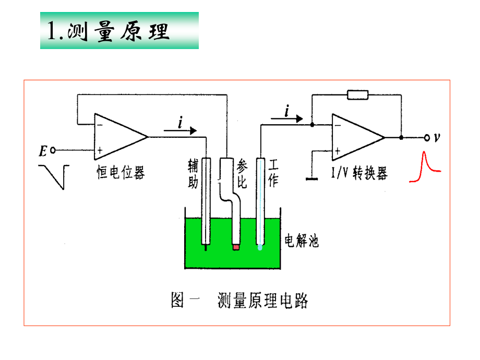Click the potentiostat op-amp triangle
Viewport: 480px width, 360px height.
point(119,137)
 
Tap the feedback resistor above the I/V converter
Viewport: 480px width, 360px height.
point(357,95)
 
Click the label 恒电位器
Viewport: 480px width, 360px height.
point(121,173)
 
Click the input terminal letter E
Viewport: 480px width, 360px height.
point(43,151)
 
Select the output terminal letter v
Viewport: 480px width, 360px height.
point(437,138)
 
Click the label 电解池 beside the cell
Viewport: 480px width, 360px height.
point(301,241)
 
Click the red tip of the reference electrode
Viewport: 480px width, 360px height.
point(236,246)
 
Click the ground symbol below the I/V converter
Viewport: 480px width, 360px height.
point(312,179)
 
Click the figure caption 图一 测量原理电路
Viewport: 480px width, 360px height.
point(239,301)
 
